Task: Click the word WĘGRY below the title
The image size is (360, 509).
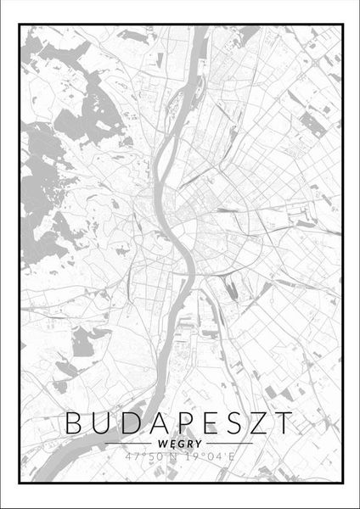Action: coord(179,443)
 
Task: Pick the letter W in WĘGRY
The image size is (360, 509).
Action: coord(162,443)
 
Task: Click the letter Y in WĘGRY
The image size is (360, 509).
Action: coord(197,443)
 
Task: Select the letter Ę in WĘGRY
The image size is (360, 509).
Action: coord(172,443)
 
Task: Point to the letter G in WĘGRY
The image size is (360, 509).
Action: coord(180,443)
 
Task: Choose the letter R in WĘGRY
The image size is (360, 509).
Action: coord(188,443)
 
